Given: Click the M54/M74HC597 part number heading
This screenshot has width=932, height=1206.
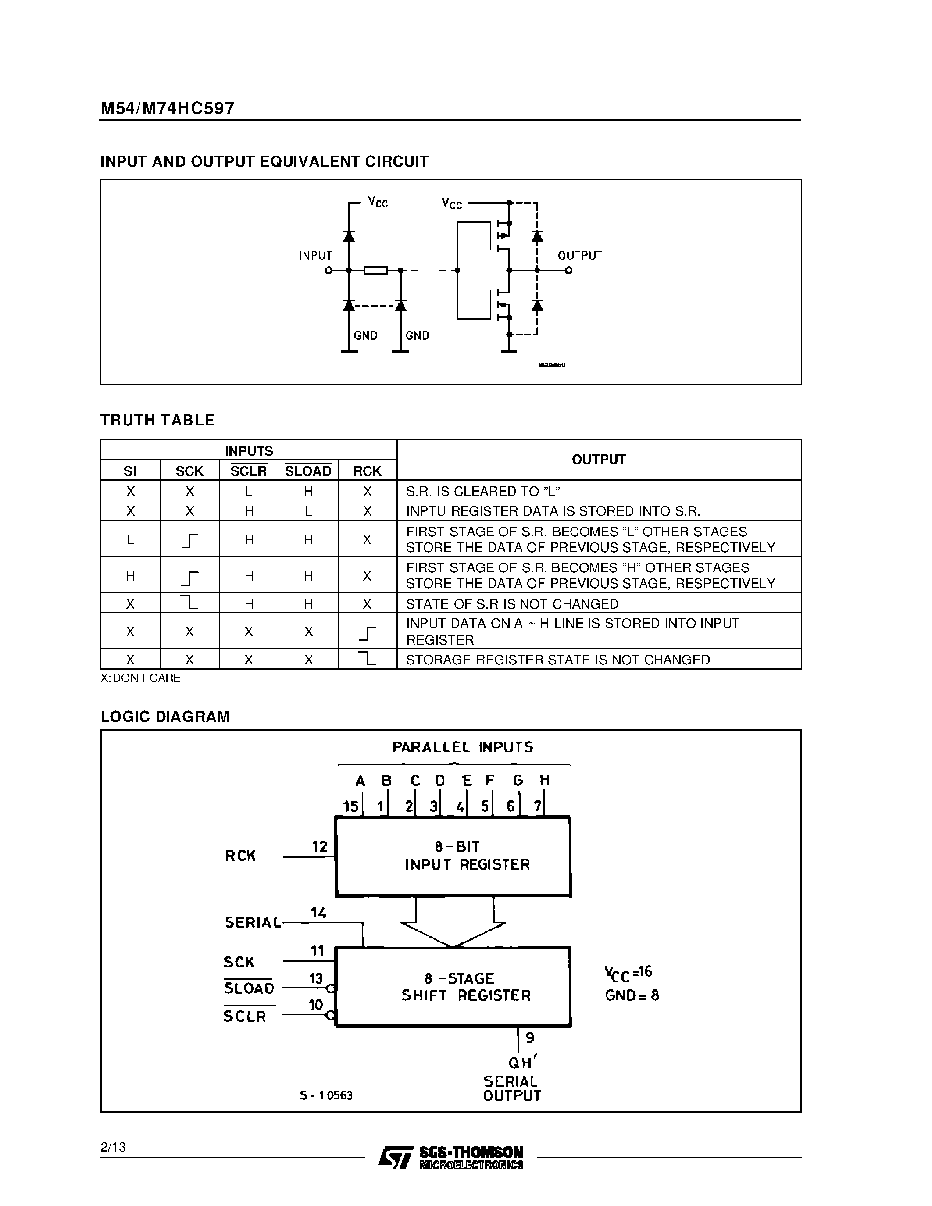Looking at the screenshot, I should pyautogui.click(x=167, y=108).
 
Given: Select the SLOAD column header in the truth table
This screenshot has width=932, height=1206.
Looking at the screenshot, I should pyautogui.click(x=308, y=471).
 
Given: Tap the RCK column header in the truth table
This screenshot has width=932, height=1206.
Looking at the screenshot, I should pyautogui.click(x=367, y=471).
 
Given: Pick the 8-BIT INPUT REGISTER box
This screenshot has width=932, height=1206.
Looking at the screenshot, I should pyautogui.click(x=453, y=856).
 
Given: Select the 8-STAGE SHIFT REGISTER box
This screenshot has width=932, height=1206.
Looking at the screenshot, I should pyautogui.click(x=453, y=987).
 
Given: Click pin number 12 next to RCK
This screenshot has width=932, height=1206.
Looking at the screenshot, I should pyautogui.click(x=320, y=846).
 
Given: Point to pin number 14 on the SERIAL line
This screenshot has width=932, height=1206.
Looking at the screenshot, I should pyautogui.click(x=318, y=913).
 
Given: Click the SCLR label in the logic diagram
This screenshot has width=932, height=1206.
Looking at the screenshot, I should pyautogui.click(x=245, y=1017).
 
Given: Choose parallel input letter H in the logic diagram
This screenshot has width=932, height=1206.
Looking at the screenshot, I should pyautogui.click(x=544, y=780).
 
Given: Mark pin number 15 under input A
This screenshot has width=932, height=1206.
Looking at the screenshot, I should pyautogui.click(x=350, y=807).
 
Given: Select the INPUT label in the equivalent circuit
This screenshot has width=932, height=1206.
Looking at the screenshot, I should pyautogui.click(x=315, y=256).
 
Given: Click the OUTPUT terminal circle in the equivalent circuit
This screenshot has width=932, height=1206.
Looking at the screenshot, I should pyautogui.click(x=569, y=271).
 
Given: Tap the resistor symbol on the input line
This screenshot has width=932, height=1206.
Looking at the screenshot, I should pyautogui.click(x=375, y=271).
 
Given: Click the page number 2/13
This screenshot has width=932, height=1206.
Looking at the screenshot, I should pyautogui.click(x=113, y=1148).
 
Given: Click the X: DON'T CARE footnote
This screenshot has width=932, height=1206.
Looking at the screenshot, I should pyautogui.click(x=140, y=678).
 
